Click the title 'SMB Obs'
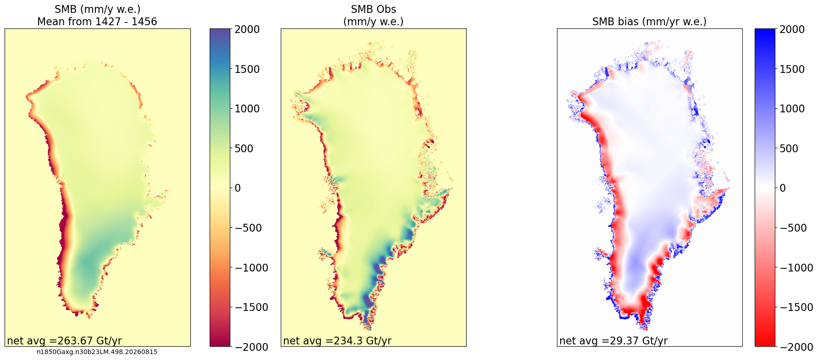pos(373,9)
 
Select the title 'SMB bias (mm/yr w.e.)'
pos(649,22)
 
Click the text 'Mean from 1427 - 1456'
pos(97,22)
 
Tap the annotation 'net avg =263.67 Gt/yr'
pos(64,341)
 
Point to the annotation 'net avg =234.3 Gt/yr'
pos(337,341)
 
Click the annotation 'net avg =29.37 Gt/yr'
pos(613,341)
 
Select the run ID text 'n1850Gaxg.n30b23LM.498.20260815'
pos(97,352)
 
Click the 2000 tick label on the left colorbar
pos(247,29)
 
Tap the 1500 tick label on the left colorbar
pos(247,69)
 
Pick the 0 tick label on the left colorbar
pos(238,188)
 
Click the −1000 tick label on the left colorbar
pos(251,267)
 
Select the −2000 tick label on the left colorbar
pos(251,347)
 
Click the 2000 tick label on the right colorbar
pos(792,29)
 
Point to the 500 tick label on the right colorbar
pos(789,149)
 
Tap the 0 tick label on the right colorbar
pos(783,188)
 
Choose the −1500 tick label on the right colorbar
pos(796,307)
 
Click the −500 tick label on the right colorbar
pos(793,228)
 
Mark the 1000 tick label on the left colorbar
pos(247,109)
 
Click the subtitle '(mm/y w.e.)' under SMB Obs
pos(373,22)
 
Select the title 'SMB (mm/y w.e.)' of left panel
pos(97,9)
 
